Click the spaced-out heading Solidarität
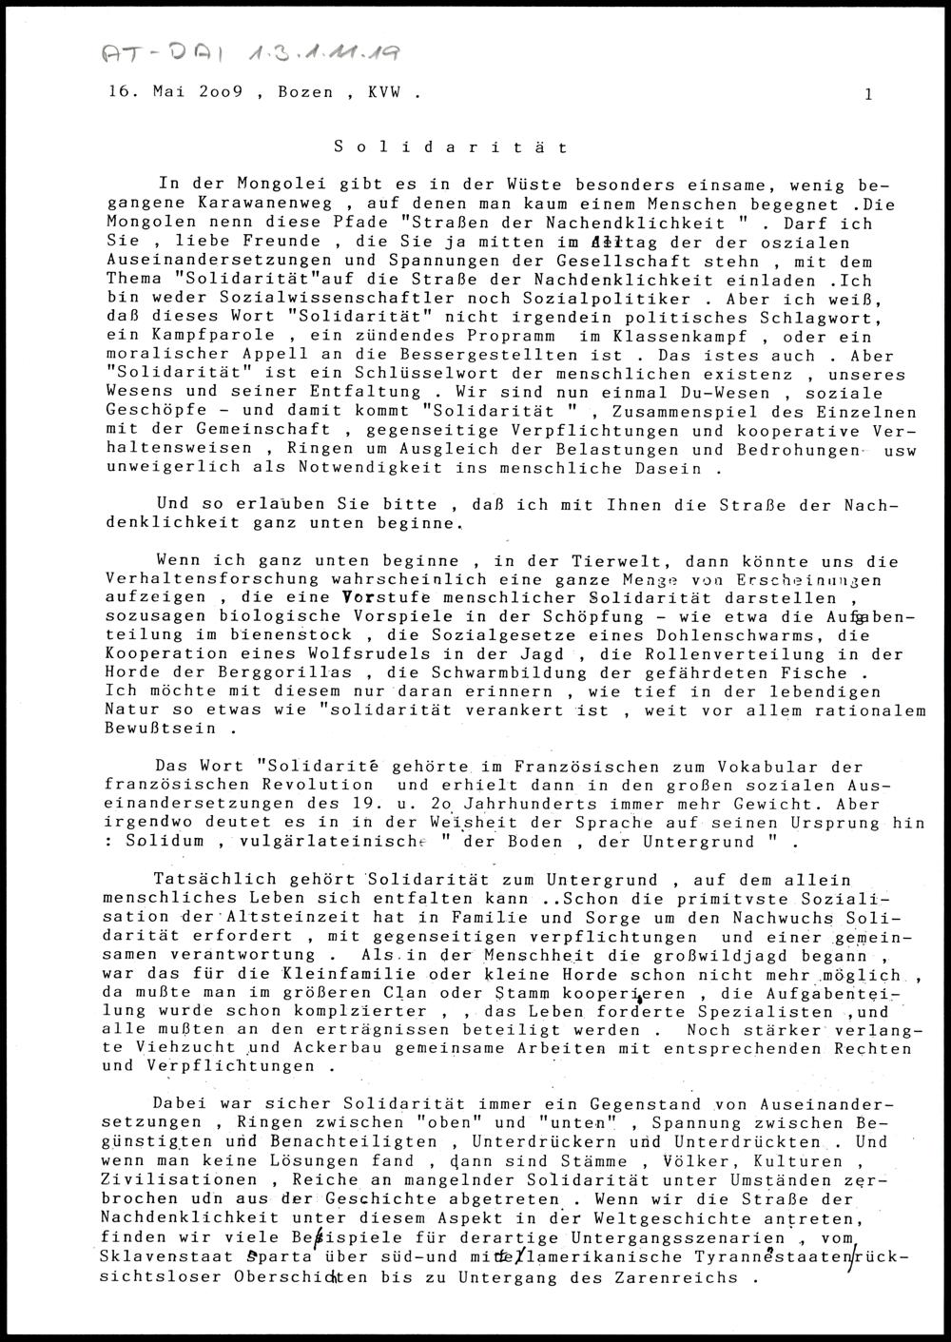[x=452, y=147]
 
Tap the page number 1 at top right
[x=868, y=93]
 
